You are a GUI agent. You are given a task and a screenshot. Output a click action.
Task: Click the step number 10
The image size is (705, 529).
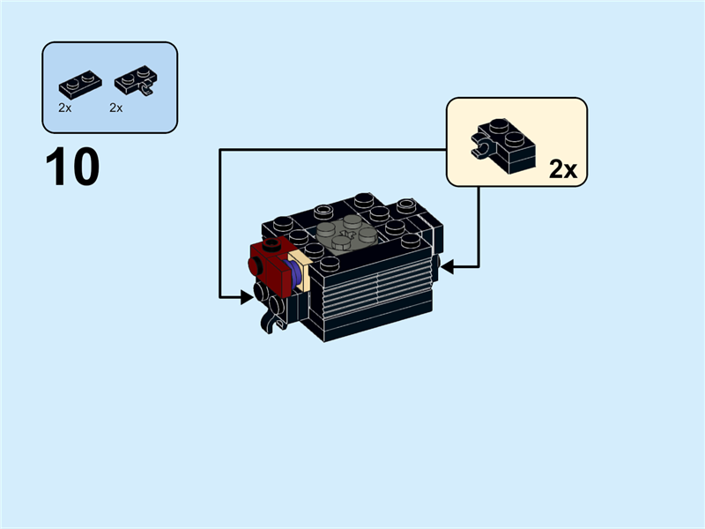click(72, 166)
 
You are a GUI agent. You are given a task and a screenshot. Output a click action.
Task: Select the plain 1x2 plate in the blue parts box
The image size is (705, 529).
click(80, 84)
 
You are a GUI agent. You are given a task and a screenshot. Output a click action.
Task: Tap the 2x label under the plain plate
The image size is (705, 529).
click(64, 108)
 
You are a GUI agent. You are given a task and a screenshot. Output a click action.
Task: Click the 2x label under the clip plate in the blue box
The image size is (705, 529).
click(116, 108)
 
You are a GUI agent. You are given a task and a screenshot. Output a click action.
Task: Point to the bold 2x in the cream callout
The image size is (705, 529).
click(563, 169)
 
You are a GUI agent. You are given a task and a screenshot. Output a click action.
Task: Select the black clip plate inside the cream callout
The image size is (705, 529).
click(503, 146)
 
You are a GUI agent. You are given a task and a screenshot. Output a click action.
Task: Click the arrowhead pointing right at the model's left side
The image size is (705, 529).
click(247, 297)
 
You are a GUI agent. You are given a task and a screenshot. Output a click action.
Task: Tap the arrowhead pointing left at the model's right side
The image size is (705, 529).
click(448, 267)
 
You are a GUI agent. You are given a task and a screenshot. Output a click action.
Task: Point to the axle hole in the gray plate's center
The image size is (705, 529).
click(346, 233)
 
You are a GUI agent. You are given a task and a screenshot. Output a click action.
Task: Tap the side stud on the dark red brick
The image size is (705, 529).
click(255, 266)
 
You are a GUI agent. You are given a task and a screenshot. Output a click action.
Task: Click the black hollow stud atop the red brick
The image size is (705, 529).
click(272, 244)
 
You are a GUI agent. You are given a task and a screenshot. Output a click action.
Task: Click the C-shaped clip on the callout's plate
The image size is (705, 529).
click(482, 148)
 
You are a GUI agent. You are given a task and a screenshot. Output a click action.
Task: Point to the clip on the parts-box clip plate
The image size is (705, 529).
click(146, 89)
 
